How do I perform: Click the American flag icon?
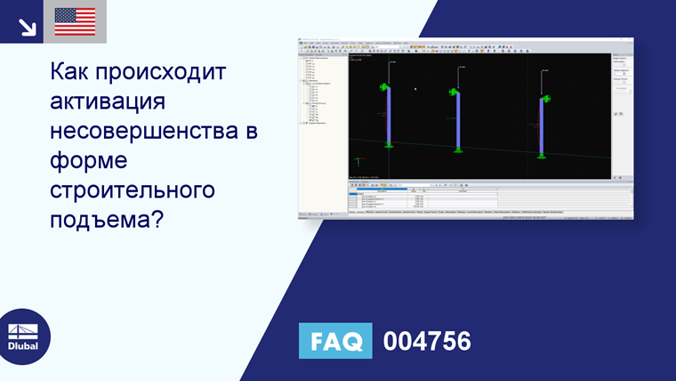click(75, 21)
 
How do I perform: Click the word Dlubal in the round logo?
click(23, 346)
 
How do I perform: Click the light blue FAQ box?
click(334, 341)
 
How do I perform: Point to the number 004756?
click(426, 341)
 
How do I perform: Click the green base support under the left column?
click(389, 144)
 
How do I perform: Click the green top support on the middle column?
click(455, 92)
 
